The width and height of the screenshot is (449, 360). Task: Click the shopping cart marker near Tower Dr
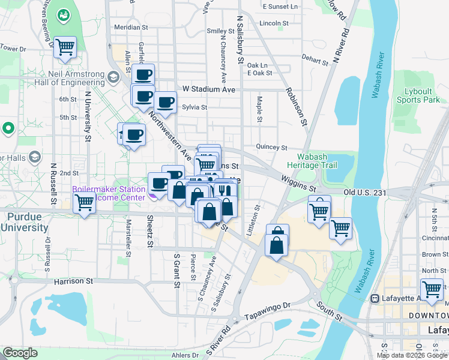(65, 47)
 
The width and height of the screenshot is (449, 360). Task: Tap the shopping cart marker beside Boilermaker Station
(84, 202)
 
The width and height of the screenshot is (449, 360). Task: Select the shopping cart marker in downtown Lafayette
(432, 289)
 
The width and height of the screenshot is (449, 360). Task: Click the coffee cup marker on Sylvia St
(166, 103)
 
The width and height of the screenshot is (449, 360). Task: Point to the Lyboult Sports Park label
(414, 95)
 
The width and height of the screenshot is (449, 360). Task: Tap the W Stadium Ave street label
(209, 89)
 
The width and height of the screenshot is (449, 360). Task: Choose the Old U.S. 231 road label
(365, 192)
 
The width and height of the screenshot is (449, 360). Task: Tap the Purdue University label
(24, 222)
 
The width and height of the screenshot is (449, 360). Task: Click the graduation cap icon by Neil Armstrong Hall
(113, 77)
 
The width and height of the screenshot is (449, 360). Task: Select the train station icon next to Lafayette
(376, 298)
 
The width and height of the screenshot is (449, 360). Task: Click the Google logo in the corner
(20, 353)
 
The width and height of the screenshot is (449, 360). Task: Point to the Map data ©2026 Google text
(412, 355)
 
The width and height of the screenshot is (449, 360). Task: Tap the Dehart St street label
(316, 59)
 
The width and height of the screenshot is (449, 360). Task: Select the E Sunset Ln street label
(280, 7)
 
